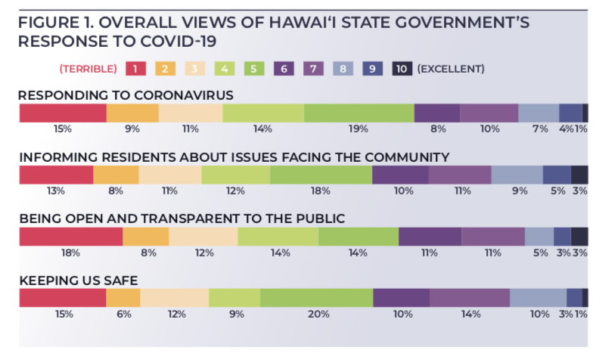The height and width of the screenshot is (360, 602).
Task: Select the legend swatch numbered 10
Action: (x=402, y=69)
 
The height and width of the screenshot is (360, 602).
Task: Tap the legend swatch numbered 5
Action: (x=255, y=69)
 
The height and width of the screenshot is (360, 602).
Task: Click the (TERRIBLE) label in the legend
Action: (x=88, y=69)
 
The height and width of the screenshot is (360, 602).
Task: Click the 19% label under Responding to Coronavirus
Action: (x=358, y=129)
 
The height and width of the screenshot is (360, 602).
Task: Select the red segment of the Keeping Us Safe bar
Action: (x=62, y=297)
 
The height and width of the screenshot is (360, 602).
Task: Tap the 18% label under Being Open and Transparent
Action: (x=70, y=252)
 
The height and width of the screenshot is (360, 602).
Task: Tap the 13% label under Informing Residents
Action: (x=55, y=191)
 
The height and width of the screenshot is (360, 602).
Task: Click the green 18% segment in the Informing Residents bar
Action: (x=321, y=174)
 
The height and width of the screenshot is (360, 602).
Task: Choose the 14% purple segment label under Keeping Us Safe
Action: (x=469, y=314)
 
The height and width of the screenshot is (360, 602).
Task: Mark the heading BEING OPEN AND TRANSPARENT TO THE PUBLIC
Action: (x=182, y=219)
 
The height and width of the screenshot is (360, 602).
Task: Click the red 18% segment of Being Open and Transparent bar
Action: (x=70, y=236)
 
